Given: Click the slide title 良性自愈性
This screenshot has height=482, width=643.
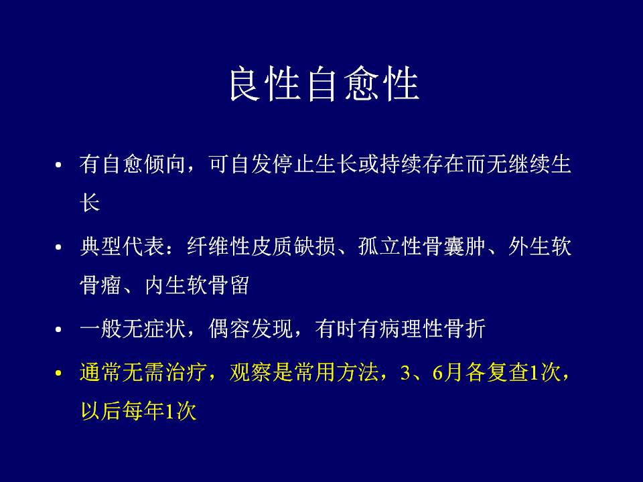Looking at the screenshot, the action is point(324,84).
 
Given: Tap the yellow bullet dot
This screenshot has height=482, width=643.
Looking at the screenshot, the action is point(58,373).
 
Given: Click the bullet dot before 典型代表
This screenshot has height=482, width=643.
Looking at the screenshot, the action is point(58,247).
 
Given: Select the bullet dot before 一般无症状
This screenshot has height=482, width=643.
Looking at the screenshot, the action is point(58,329).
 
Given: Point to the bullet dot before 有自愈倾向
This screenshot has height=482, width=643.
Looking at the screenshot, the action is point(58,165).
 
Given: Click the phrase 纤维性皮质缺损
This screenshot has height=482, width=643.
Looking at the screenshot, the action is point(261,247).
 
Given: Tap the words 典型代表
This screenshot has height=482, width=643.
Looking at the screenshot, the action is point(122,247).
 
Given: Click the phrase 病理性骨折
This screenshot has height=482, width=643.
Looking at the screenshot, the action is point(432,329).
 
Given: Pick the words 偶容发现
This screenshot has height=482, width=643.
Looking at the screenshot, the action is point(251,329).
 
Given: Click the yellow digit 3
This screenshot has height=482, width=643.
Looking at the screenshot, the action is point(406,373).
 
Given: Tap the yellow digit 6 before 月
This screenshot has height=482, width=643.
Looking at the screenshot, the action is point(437,373).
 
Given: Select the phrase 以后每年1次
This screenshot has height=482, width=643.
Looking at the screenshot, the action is point(138,410).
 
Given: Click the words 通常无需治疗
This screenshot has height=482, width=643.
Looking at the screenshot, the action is point(143,373).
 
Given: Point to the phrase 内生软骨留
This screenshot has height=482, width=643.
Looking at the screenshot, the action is point(197,285).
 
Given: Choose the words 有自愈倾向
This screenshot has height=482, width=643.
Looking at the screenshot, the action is point(133,165).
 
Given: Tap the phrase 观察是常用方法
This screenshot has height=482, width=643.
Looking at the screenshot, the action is point(304,373).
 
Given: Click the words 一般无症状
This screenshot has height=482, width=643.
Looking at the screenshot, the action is point(133,329).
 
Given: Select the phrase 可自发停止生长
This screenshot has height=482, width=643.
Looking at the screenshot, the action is point(283,165).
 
